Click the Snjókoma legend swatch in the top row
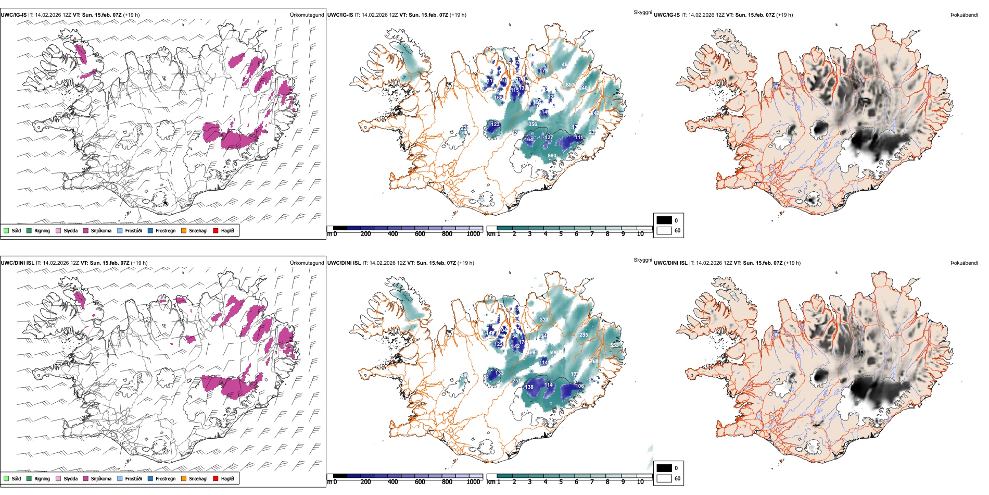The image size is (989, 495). click(86, 230)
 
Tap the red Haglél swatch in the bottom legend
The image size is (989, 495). click(215, 478)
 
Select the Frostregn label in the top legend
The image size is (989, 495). click(165, 230)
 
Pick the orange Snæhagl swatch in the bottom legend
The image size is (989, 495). click(184, 478)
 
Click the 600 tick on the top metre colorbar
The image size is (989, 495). click(420, 234)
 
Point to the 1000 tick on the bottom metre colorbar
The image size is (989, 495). click(473, 482)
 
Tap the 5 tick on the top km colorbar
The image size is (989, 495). click(561, 234)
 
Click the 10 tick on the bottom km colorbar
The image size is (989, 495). click(640, 482)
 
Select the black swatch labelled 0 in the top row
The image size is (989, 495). click(664, 220)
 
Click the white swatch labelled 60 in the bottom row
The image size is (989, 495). click(664, 478)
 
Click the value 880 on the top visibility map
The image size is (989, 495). click(552, 156)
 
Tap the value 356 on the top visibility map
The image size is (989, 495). click(532, 125)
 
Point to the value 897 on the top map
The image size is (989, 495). click(570, 84)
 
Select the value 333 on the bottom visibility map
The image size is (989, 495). click(544, 320)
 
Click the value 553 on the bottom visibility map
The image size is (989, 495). click(614, 345)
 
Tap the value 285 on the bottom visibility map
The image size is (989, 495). click(584, 335)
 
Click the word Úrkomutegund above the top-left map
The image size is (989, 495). click(307, 15)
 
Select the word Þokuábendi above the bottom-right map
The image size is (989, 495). click(964, 263)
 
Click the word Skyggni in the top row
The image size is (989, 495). click(642, 13)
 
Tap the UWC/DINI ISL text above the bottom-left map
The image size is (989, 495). click(17, 263)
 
